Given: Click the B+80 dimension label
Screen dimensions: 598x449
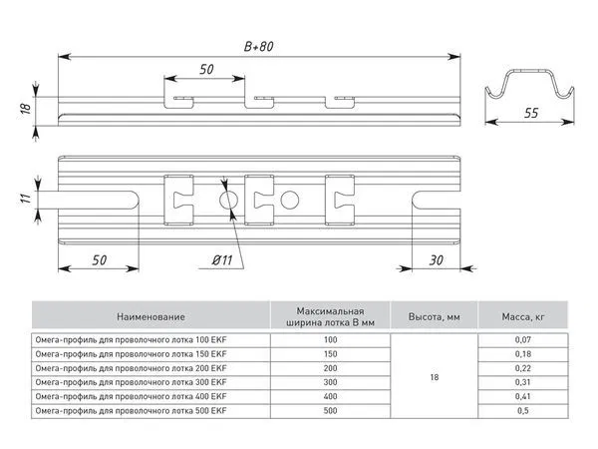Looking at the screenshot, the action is tap(258, 46).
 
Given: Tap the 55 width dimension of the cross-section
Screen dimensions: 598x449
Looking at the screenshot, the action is tap(531, 113).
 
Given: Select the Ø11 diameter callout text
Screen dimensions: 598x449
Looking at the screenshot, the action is tap(222, 260).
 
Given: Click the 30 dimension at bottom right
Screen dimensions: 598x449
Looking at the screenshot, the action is tap(436, 260).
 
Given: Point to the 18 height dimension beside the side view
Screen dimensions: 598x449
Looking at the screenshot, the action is tap(26, 108).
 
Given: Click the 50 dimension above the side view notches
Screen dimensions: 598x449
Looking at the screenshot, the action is tap(206, 69).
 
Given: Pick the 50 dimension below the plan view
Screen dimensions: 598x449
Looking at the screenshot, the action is tap(99, 260).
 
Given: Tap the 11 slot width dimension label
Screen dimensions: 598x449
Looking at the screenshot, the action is tap(25, 199).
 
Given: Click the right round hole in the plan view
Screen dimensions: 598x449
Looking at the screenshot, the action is tap(289, 200).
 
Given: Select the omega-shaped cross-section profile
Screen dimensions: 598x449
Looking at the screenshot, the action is tap(529, 72).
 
